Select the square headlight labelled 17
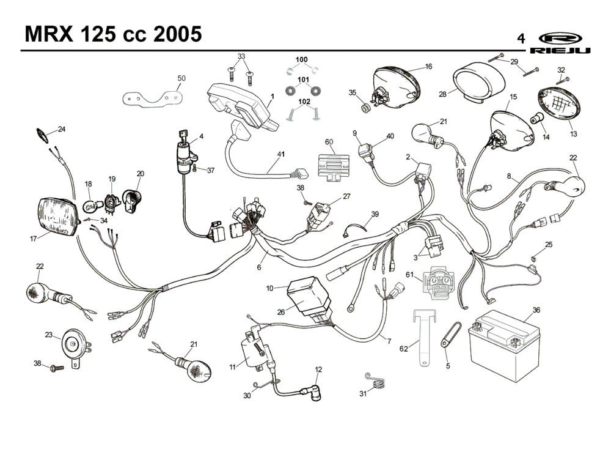tap(59, 217)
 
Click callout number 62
tap(403, 349)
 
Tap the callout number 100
tap(302, 59)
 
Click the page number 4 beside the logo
tap(521, 39)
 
